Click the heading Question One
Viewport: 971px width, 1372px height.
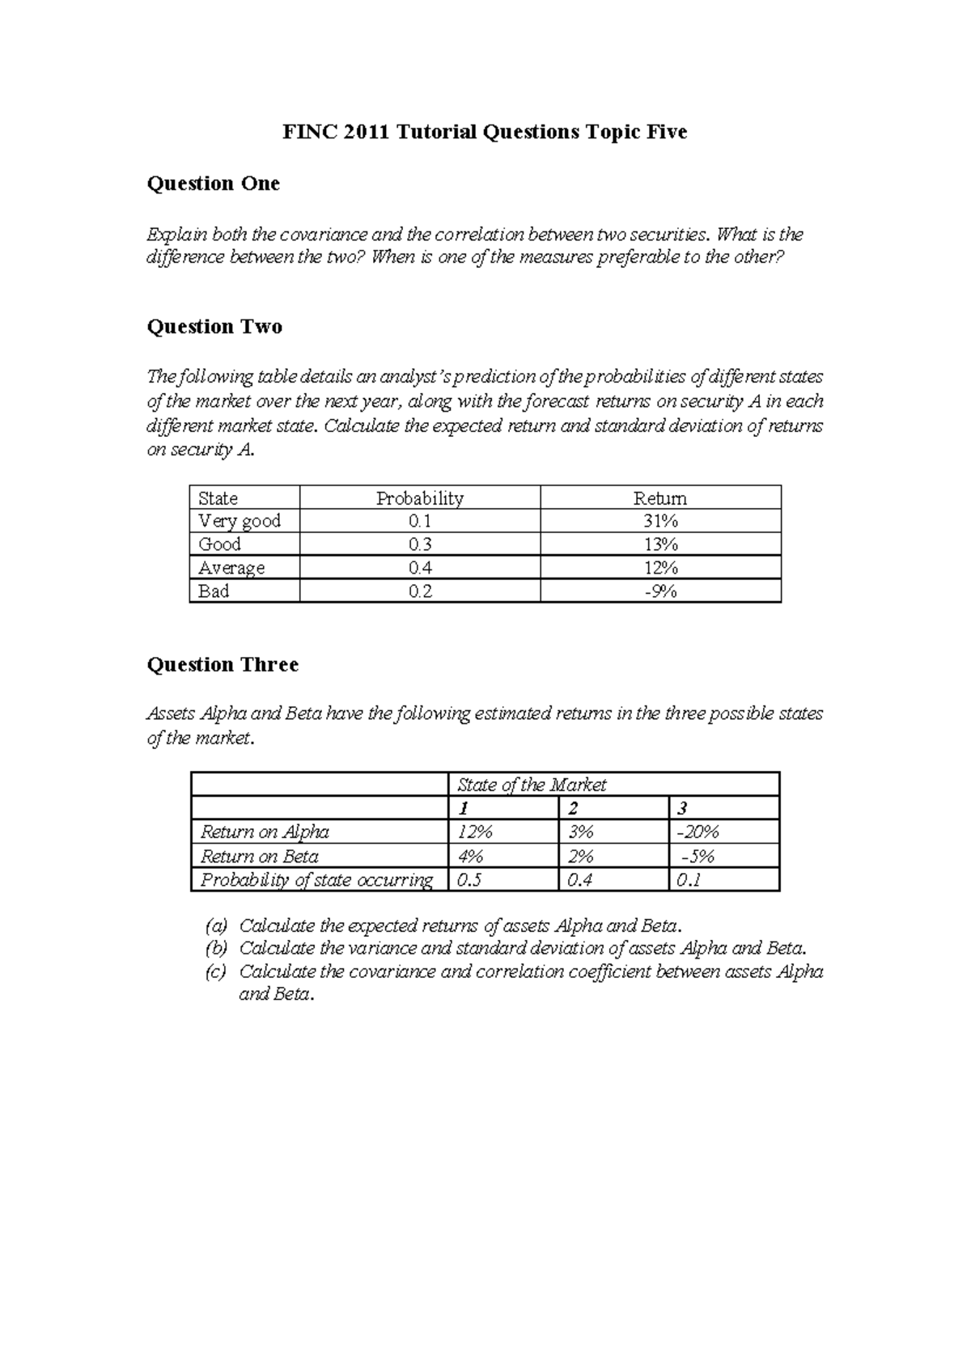(x=213, y=184)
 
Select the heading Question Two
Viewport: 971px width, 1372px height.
(x=214, y=327)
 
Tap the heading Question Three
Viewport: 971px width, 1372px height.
(x=223, y=665)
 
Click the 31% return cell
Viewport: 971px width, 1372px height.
(x=660, y=521)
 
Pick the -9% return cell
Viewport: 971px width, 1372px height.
(x=660, y=591)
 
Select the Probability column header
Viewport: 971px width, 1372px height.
(x=419, y=498)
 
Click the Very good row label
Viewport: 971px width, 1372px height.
(x=240, y=521)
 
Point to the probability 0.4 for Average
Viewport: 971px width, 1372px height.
(x=420, y=568)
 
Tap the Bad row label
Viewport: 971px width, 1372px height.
(x=214, y=591)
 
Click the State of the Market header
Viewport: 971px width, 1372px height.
(x=532, y=785)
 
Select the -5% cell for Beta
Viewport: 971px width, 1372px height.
(x=698, y=856)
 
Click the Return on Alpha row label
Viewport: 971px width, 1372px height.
(x=265, y=832)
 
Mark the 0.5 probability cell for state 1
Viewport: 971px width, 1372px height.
(x=469, y=880)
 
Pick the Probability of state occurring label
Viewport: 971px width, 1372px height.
(x=316, y=880)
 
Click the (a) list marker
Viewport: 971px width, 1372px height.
(x=216, y=925)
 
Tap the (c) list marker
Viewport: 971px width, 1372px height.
(x=216, y=972)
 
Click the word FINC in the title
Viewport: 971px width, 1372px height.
(x=308, y=132)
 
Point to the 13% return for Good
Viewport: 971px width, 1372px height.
(x=660, y=544)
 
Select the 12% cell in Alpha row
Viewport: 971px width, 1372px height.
(x=475, y=832)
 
